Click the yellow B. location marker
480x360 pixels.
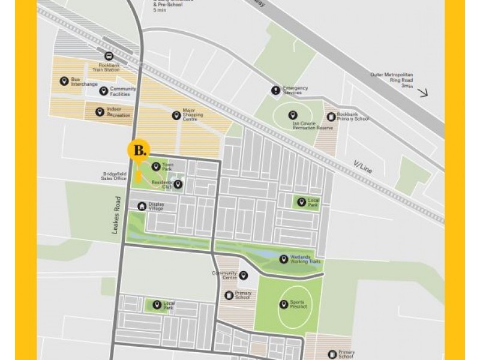pos(139,151)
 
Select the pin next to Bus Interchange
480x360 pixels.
pos(64,81)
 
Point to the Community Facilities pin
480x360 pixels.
pos(103,91)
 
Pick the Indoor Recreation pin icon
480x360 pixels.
pos(99,112)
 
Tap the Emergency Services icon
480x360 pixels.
pos(275,91)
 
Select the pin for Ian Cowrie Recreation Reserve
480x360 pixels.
pos(293,115)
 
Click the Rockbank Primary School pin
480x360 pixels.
pos(331,116)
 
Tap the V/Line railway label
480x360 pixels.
pos(363,167)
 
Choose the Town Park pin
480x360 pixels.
pos(156,167)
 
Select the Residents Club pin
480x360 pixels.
pos(178,184)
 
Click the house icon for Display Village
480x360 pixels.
pos(142,206)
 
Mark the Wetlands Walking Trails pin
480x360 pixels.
pos(284,259)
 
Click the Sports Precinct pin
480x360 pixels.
pos(283,304)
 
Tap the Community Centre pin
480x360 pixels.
pos(243,275)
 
